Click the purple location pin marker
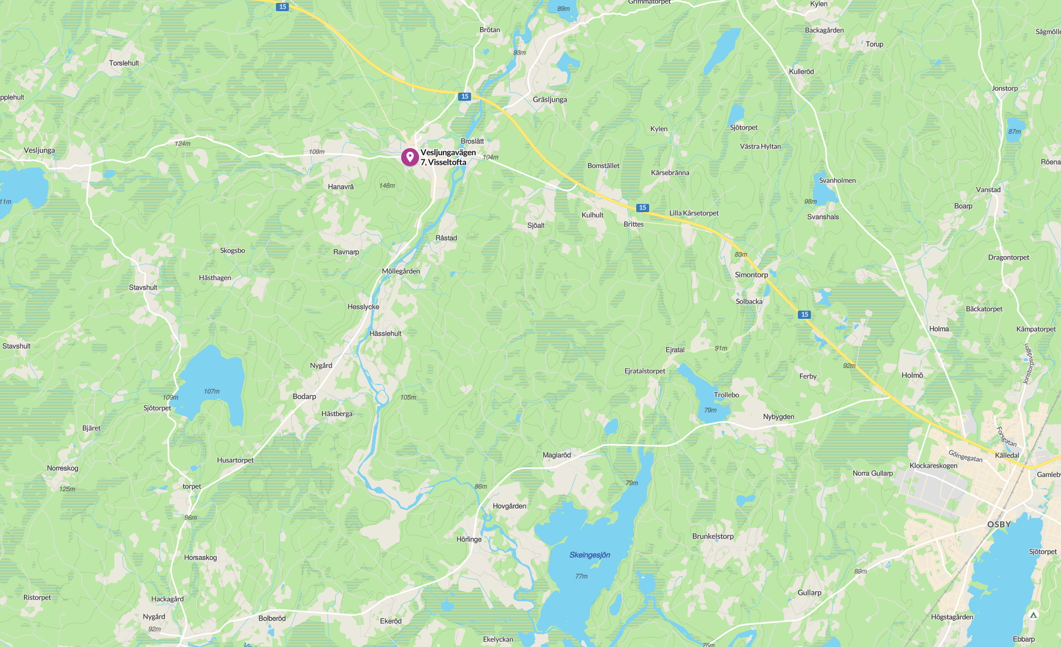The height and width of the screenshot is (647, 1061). click(410, 157)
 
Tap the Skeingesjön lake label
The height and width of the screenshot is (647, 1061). click(589, 555)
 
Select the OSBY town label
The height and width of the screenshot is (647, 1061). click(999, 525)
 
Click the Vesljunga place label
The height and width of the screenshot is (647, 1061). click(39, 151)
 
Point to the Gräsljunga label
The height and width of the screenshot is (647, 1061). click(550, 100)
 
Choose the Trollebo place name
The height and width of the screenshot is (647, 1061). click(726, 395)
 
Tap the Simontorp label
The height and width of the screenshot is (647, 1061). click(751, 275)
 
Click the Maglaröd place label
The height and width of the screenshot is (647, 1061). click(556, 455)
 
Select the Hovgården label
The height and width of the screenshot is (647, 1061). click(509, 506)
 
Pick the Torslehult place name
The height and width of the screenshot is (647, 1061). click(124, 63)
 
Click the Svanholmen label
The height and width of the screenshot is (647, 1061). click(837, 181)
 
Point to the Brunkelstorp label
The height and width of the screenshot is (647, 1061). click(712, 536)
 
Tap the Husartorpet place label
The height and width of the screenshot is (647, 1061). click(235, 461)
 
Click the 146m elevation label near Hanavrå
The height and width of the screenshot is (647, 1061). click(387, 186)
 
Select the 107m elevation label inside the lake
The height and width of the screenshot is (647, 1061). click(211, 391)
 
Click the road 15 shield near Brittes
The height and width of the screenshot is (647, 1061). click(643, 207)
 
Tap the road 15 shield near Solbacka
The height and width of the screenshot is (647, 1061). click(804, 315)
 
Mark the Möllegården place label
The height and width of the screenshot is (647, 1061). click(401, 271)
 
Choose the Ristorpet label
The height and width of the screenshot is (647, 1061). click(37, 598)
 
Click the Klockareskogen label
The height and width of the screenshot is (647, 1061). click(933, 466)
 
